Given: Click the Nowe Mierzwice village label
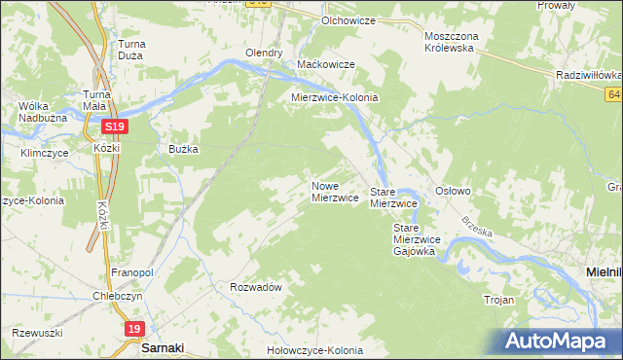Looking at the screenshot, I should [335, 191].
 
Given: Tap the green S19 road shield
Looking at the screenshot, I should [115, 126].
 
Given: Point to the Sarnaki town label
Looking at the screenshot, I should [163, 347].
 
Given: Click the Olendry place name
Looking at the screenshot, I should [264, 53].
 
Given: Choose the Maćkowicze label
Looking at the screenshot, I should [325, 64].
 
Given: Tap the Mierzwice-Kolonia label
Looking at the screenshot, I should [335, 98].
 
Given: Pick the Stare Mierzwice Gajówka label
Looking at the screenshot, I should [418, 238].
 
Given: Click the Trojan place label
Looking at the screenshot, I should [497, 300].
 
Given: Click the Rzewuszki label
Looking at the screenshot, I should [32, 332].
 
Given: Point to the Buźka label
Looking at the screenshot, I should [184, 149].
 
